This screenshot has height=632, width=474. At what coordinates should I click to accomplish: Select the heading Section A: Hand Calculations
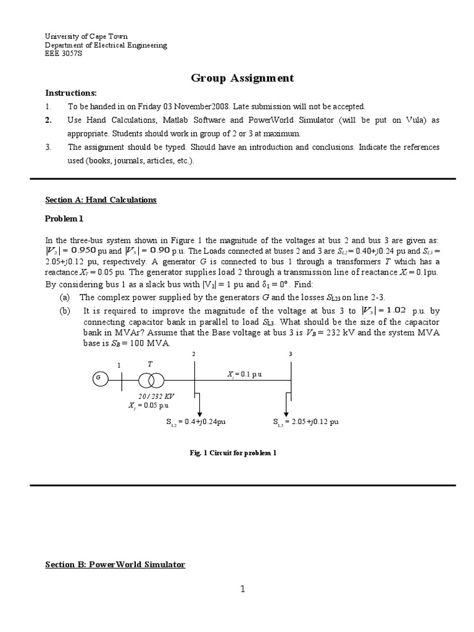point(101,200)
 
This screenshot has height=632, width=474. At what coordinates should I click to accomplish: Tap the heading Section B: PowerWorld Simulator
point(115,565)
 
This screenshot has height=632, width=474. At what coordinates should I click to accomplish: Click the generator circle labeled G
point(98,378)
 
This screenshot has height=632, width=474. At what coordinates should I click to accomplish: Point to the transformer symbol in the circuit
point(151,379)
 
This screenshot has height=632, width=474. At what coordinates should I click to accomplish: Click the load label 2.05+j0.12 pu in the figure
point(306,423)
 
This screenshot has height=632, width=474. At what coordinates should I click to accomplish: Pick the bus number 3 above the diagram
point(291,354)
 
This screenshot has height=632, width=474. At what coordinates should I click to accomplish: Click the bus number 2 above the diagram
point(194,354)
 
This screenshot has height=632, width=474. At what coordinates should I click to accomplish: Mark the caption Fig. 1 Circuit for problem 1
point(233,452)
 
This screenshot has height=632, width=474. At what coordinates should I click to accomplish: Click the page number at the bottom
point(243,589)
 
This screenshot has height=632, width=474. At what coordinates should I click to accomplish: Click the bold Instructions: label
point(71,93)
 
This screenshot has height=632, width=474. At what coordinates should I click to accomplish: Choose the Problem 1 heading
point(64,218)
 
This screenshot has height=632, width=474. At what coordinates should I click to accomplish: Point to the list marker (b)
point(65,312)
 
